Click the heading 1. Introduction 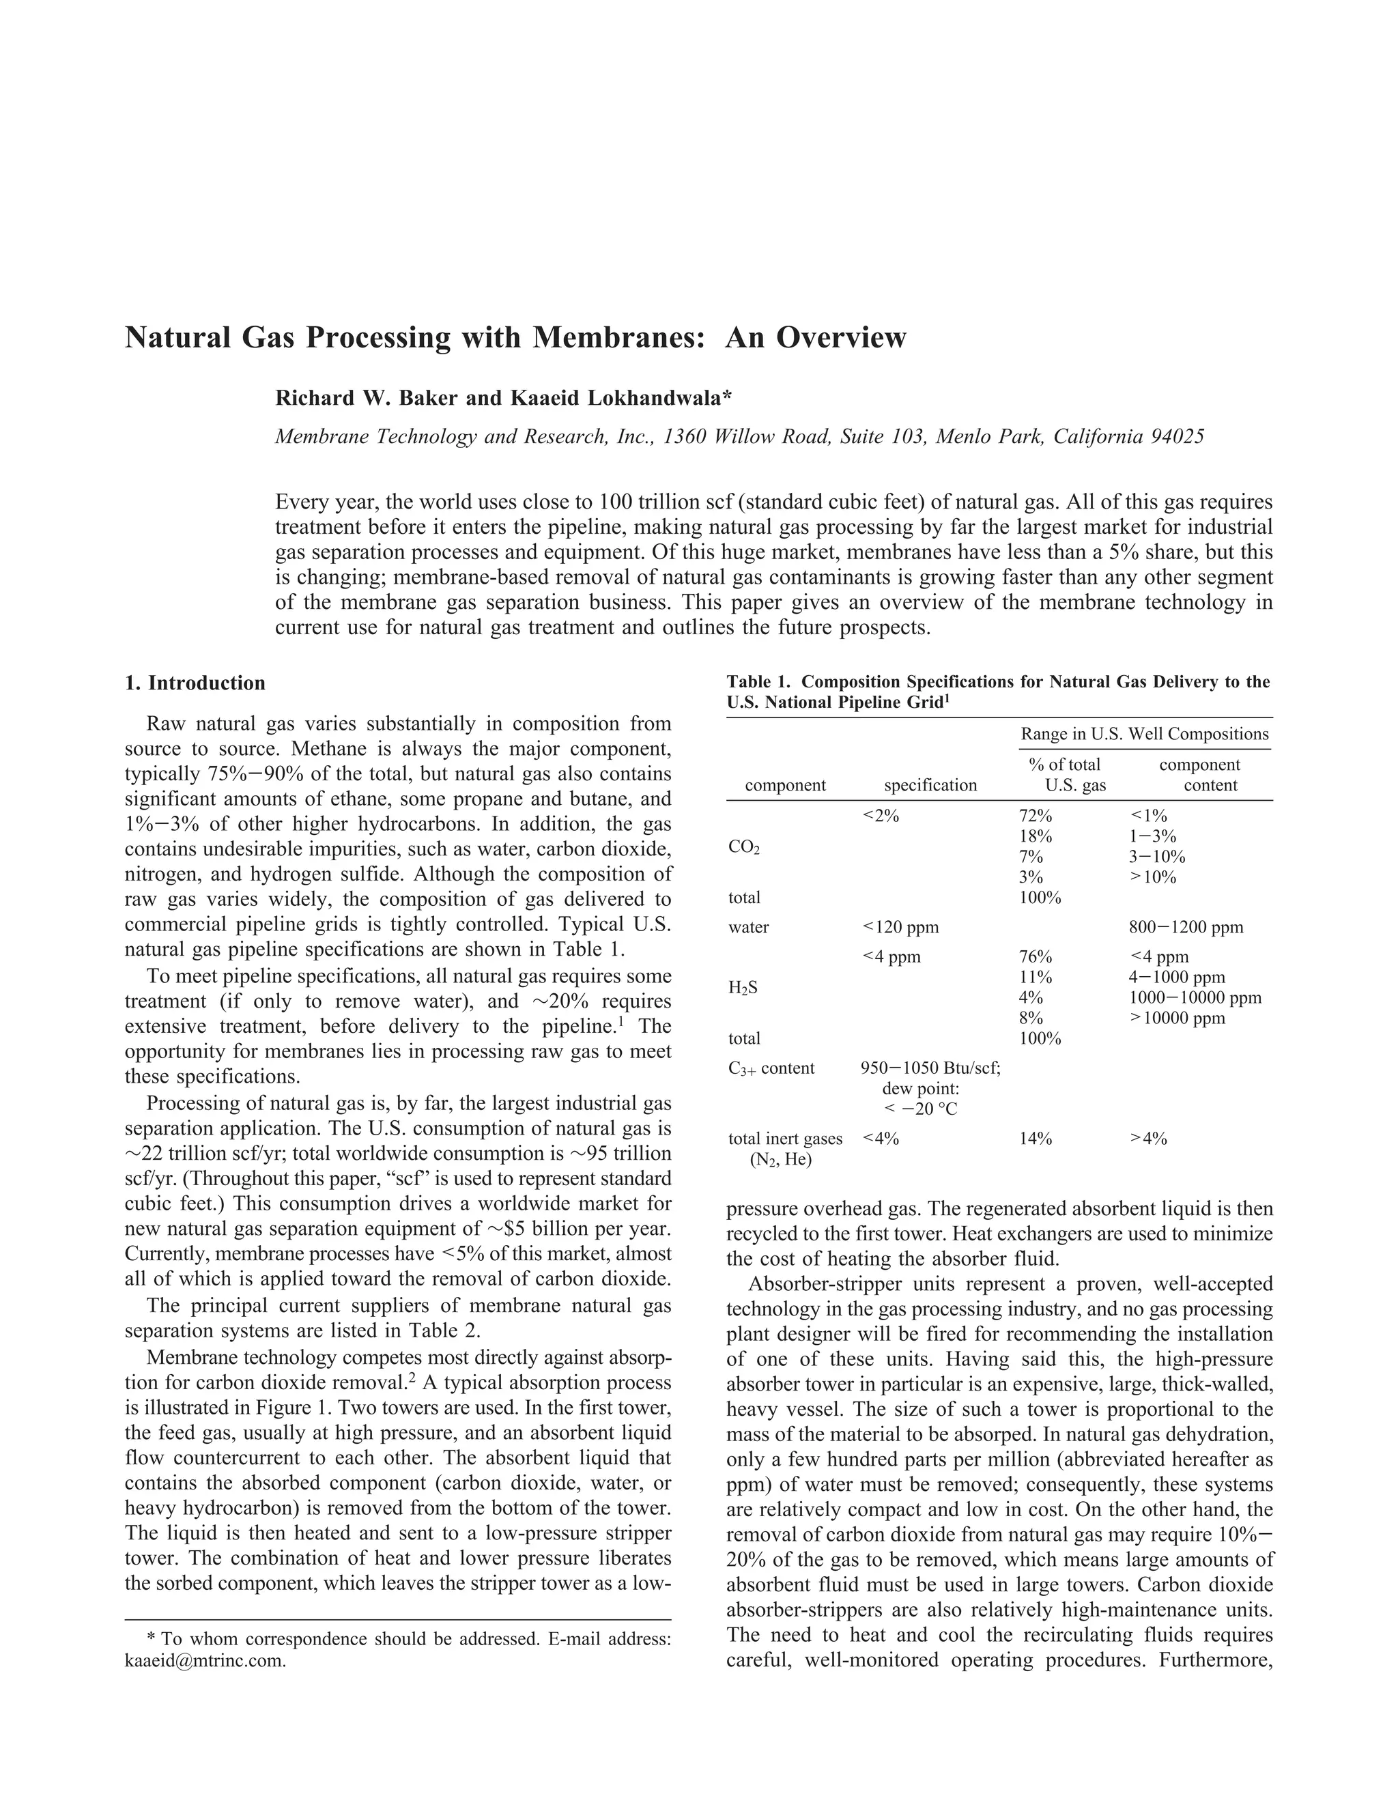pos(195,683)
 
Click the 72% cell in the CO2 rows pos(1036,816)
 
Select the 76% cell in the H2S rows pos(1036,956)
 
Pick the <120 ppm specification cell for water pos(900,928)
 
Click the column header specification pos(930,785)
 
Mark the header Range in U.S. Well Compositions pos(1145,735)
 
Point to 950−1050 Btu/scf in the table pos(931,1068)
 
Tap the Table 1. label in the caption pos(761,683)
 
